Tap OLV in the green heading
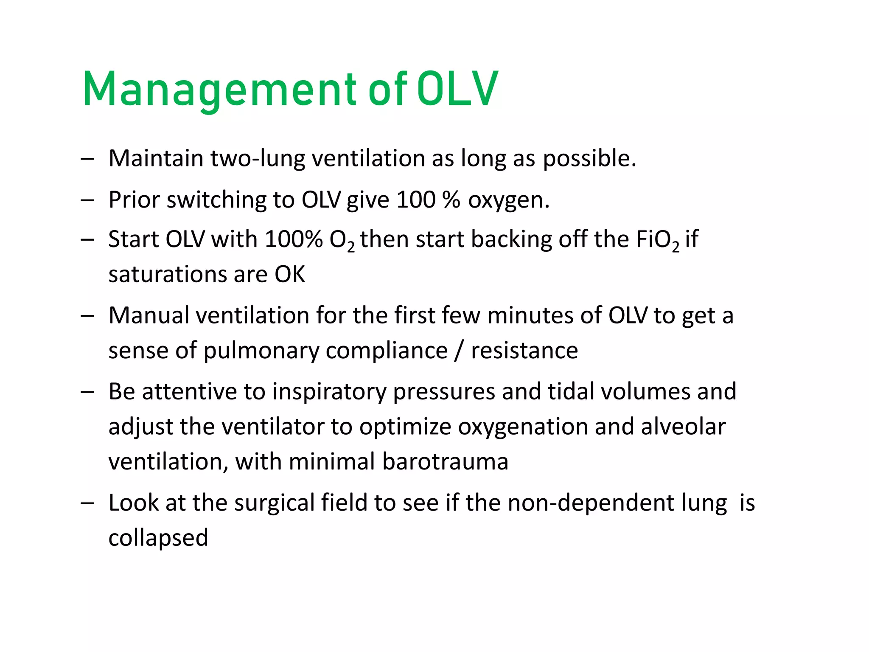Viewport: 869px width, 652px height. pyautogui.click(x=457, y=89)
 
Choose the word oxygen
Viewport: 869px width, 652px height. pyautogui.click(x=508, y=200)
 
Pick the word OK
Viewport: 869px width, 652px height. pyautogui.click(x=290, y=275)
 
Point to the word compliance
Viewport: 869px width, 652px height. pyautogui.click(x=387, y=351)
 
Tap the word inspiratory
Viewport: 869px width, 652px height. pyautogui.click(x=329, y=392)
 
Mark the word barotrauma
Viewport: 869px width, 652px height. pyautogui.click(x=445, y=462)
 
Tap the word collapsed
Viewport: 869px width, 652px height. pyautogui.click(x=158, y=538)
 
